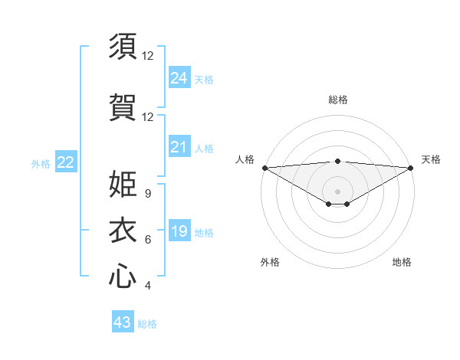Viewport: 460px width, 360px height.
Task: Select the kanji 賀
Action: click(123, 107)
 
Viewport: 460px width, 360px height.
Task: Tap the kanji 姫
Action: click(123, 184)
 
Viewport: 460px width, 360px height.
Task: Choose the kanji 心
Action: click(123, 277)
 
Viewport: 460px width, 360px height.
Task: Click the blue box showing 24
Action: click(179, 77)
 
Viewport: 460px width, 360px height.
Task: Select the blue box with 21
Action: click(179, 147)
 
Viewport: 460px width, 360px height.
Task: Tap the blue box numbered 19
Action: click(179, 231)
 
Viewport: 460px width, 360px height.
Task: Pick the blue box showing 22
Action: click(66, 162)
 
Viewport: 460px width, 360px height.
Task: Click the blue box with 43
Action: click(123, 322)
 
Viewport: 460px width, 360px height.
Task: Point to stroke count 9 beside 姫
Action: click(147, 194)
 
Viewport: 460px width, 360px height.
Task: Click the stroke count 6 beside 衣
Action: click(147, 240)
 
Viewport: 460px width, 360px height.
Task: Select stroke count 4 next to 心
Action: click(147, 286)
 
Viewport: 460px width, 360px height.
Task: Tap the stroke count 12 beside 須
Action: click(147, 56)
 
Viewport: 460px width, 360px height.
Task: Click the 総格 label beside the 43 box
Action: click(147, 324)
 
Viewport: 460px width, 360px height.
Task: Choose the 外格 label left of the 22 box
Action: click(41, 163)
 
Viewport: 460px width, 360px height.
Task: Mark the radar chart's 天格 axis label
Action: click(431, 159)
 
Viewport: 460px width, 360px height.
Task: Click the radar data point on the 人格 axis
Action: click(264, 168)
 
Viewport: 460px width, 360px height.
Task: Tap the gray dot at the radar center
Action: click(337, 190)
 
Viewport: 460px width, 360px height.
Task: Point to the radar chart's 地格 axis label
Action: click(402, 262)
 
